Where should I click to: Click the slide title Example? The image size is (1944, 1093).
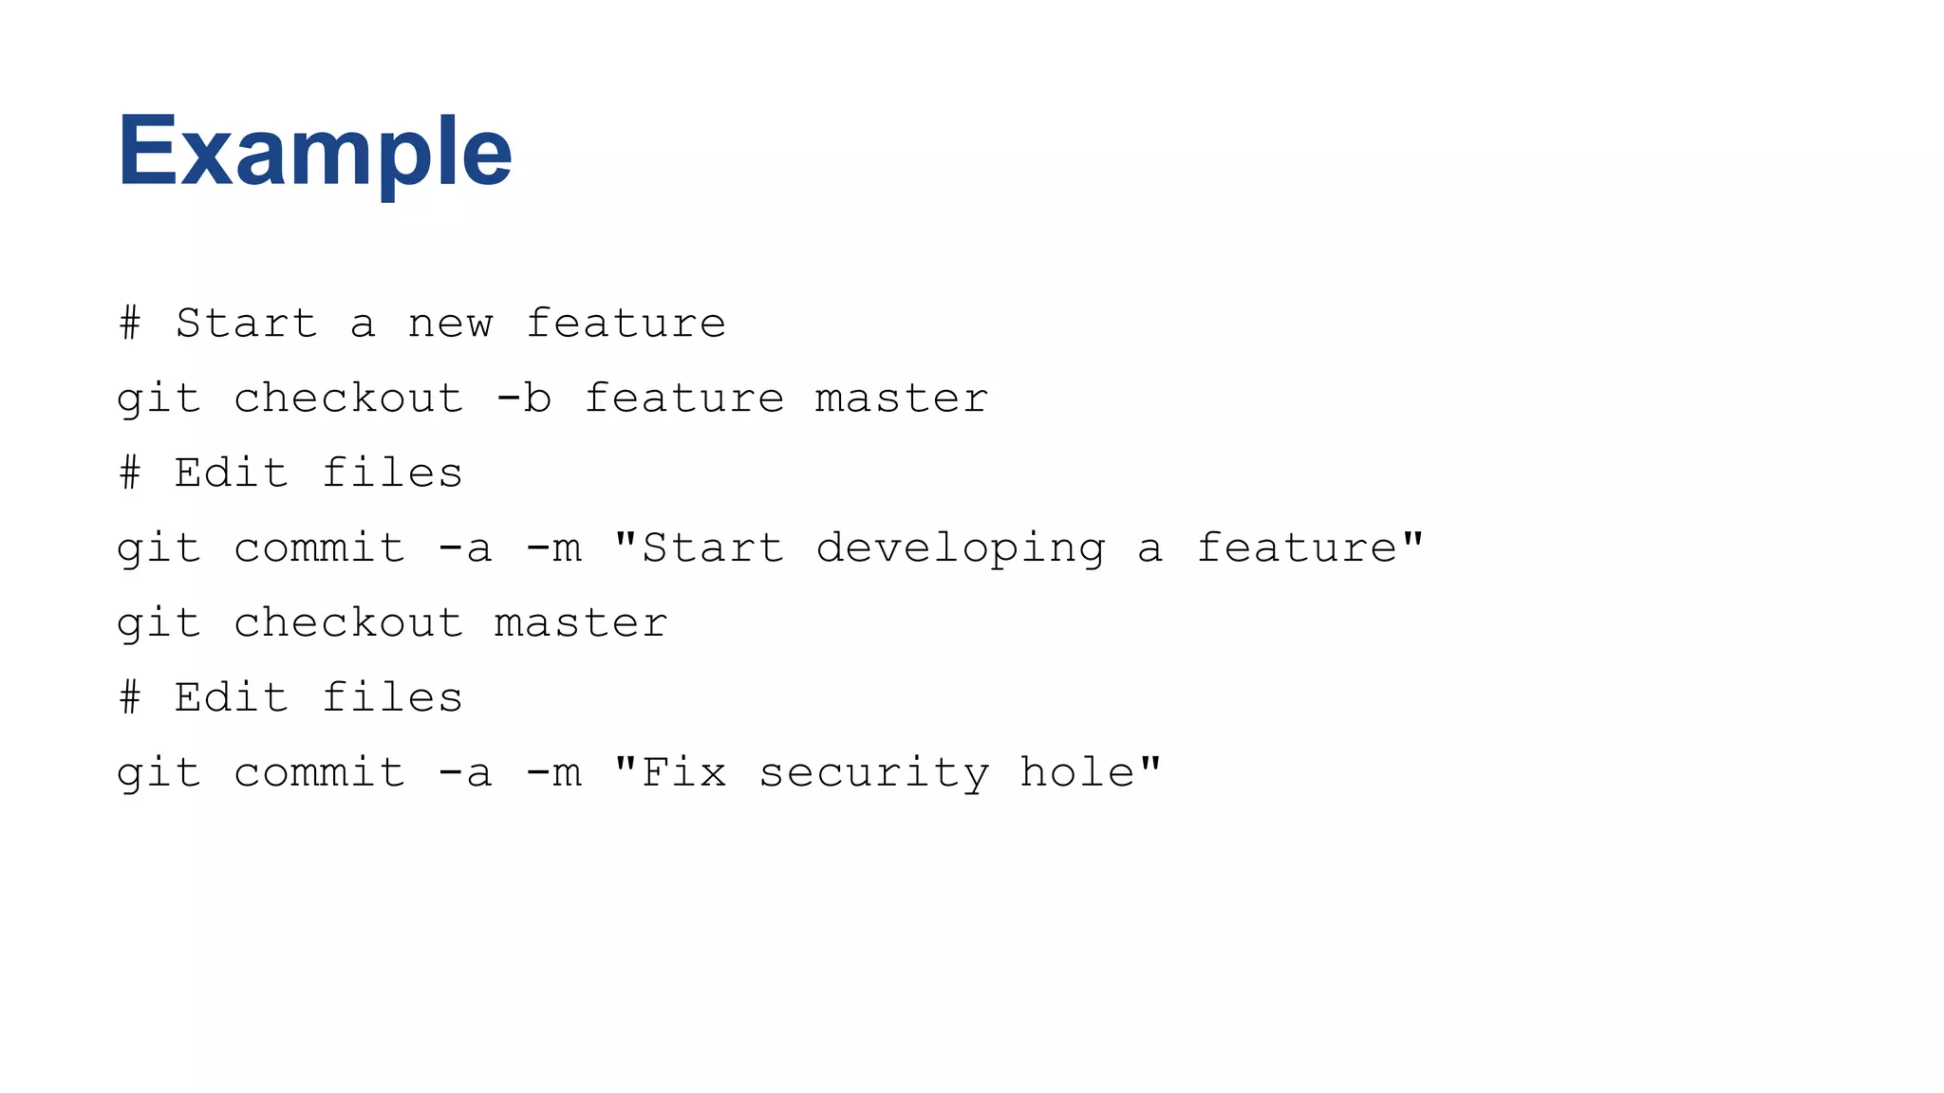(314, 152)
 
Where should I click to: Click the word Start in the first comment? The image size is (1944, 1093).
(246, 324)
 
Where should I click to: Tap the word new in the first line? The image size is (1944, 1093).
(450, 324)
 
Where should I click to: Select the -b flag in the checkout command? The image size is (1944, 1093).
(523, 398)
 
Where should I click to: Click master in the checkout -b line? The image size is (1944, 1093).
(902, 398)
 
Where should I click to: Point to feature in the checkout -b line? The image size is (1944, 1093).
(683, 398)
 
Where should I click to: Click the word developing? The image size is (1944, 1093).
(961, 548)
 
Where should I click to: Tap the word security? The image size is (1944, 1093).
(873, 773)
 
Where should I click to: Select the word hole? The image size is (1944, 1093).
(1076, 771)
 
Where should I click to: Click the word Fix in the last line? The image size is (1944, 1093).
(683, 771)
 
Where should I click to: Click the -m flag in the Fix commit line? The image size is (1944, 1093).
(552, 773)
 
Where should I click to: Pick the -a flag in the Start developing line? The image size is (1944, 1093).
(465, 548)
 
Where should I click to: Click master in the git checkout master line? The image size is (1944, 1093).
(581, 623)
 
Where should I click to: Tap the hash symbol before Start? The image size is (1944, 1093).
(130, 324)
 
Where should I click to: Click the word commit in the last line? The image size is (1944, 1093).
(319, 773)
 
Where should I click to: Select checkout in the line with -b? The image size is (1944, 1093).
(348, 398)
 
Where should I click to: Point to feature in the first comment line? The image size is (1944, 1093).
(626, 324)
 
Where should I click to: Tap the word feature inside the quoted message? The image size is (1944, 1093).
(1297, 548)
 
